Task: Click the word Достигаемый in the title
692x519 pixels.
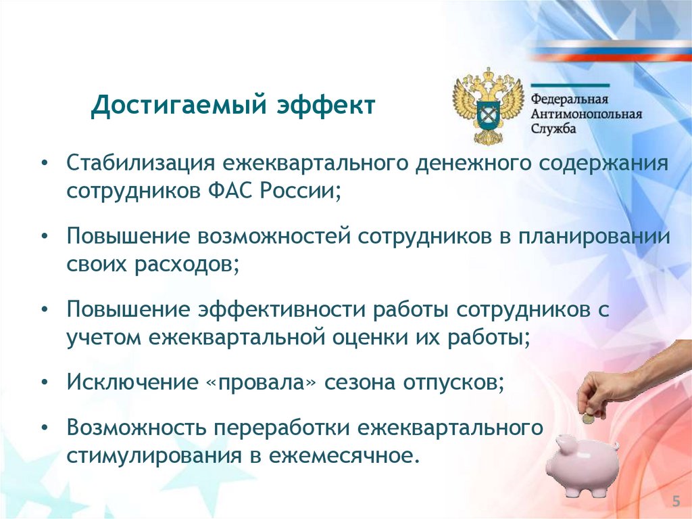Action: (179, 106)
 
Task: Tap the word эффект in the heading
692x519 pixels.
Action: (326, 105)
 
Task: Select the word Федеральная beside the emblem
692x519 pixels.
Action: (569, 99)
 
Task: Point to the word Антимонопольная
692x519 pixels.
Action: (586, 114)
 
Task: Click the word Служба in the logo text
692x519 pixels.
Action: (553, 129)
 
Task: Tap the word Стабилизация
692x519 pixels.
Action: (141, 163)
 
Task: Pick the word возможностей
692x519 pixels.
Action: (274, 237)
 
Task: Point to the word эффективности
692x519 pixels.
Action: (282, 309)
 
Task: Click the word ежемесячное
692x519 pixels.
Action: (343, 456)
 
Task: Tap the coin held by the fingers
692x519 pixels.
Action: (589, 418)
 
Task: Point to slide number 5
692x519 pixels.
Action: (676, 501)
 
